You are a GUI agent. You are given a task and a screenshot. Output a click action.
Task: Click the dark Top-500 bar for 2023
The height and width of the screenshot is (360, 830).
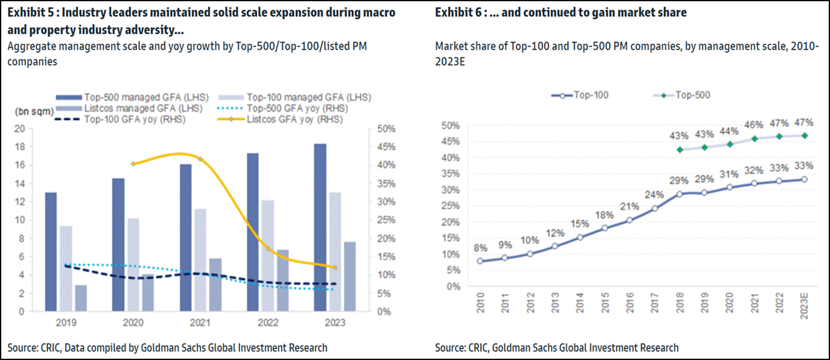pos(320,228)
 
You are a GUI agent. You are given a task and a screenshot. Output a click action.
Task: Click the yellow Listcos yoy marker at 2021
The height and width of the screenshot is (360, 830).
pos(200,159)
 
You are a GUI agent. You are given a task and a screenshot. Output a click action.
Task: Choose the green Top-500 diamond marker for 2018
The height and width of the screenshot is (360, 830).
pos(679,149)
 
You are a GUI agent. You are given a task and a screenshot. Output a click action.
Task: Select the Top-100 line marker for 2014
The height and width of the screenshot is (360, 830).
pos(580,237)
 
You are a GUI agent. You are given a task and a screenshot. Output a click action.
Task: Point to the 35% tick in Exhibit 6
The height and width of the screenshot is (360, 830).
pos(450,174)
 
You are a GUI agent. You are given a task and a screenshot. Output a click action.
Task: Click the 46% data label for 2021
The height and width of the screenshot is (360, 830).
pos(754,125)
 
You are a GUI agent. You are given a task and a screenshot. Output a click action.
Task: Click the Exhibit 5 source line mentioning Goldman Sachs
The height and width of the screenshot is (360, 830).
pos(168,347)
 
